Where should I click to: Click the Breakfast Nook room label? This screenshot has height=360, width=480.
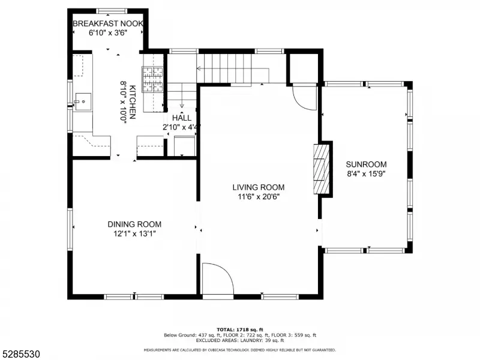pos(108,23)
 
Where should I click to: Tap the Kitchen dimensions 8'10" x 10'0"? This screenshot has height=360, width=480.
pos(124,102)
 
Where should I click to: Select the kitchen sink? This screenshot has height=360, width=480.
pos(83,101)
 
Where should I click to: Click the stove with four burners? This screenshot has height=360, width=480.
pos(152,79)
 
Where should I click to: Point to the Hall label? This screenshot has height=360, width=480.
pos(182,118)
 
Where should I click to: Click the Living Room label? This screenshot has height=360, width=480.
pos(259,187)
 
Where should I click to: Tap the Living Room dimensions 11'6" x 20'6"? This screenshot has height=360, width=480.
pos(259,197)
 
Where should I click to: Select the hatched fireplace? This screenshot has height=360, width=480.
pos(322,169)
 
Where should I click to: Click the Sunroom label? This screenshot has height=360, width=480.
pos(366,164)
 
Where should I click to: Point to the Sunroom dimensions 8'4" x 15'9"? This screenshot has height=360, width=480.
pos(366,174)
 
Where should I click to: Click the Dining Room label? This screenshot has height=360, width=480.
pos(134,224)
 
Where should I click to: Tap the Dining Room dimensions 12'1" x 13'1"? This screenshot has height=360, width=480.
pos(134,234)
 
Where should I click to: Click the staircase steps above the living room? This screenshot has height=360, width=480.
pos(224,68)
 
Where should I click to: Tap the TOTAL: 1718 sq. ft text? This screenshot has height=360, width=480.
pos(240,329)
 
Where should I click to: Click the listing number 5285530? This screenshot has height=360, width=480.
pos(20,354)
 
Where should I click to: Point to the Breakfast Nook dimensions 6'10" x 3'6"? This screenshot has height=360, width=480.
pos(108,33)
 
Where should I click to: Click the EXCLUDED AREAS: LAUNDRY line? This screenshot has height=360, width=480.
pos(240,340)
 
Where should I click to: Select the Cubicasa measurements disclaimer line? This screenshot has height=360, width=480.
pos(240,350)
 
